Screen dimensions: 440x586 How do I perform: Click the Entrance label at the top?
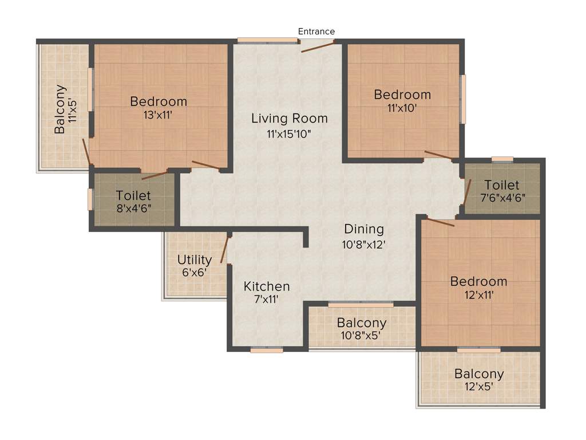[x=316, y=32]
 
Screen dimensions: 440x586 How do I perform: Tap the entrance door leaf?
[x=318, y=46]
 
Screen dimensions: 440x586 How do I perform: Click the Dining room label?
[x=364, y=229]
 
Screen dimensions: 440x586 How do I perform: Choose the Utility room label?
[x=195, y=260]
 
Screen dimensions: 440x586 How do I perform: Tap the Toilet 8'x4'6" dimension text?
[x=133, y=208]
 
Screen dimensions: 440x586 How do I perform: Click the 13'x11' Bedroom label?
[x=159, y=101]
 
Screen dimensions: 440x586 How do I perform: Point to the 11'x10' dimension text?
[x=402, y=107]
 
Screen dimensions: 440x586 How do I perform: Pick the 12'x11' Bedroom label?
[x=478, y=281]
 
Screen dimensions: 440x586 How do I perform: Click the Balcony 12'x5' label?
[x=479, y=374]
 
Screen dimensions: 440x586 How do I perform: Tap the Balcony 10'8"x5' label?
[x=361, y=323]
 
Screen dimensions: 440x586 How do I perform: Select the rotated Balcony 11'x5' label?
[x=61, y=109]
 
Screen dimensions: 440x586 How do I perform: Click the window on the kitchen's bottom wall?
[x=267, y=349]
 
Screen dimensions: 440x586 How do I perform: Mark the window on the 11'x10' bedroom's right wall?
[x=463, y=98]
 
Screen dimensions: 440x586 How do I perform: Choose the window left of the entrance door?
[x=268, y=40]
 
